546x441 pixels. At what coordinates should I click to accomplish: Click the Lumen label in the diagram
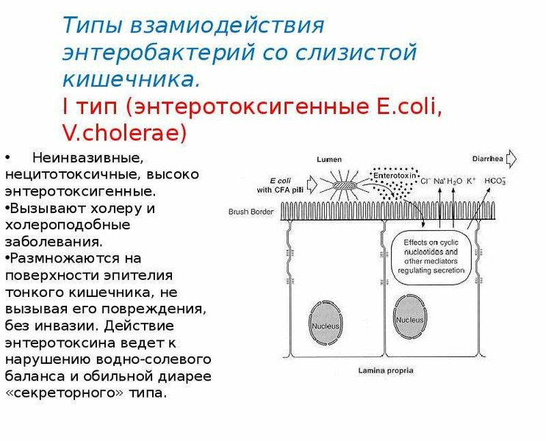(329, 159)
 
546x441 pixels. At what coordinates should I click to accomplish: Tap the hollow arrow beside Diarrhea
(511, 159)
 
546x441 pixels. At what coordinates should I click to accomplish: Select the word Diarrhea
(487, 159)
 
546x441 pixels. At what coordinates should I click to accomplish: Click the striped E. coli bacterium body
(345, 186)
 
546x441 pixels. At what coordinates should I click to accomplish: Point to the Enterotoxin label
(395, 176)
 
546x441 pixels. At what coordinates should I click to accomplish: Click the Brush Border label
(251, 212)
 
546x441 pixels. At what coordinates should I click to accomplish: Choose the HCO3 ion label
(495, 181)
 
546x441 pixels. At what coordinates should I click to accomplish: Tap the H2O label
(454, 181)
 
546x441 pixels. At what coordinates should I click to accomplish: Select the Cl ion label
(425, 181)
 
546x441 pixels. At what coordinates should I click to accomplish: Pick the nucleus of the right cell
(409, 317)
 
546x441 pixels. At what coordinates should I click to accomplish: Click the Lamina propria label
(386, 370)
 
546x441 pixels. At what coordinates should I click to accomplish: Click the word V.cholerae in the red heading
(125, 133)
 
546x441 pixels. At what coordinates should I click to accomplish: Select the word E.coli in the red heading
(409, 107)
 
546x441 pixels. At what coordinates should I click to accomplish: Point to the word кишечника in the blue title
(132, 79)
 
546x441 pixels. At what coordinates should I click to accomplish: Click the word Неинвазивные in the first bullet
(87, 158)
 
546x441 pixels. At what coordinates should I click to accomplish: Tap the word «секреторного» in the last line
(65, 393)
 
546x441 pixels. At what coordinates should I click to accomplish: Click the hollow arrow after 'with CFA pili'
(312, 184)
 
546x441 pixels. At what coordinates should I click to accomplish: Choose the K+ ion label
(471, 181)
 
